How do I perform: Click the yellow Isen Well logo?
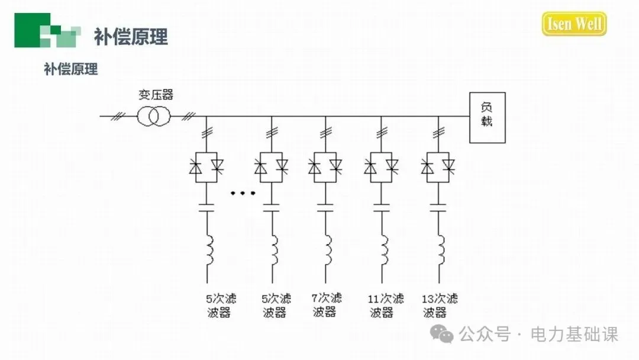[574, 24]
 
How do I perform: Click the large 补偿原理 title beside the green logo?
[131, 37]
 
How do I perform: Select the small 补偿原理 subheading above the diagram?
[70, 69]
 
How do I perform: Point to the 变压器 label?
[156, 95]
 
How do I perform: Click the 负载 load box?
[487, 117]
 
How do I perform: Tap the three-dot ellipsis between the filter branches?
[243, 193]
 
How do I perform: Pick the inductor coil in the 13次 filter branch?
[441, 251]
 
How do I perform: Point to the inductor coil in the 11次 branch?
[384, 251]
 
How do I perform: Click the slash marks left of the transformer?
[118, 116]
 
